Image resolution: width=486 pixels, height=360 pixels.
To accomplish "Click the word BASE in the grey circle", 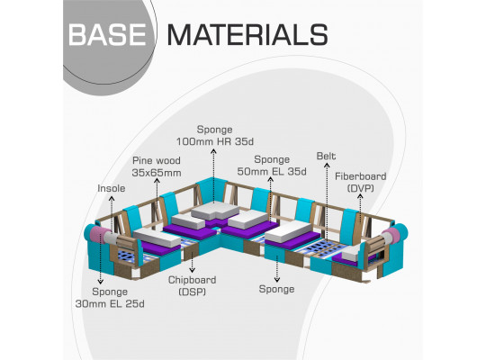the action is (107, 35).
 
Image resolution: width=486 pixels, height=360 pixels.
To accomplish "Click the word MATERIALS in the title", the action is (247, 35).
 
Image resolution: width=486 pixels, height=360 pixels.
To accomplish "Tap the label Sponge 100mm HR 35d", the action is (215, 136).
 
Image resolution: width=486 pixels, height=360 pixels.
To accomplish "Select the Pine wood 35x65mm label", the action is (157, 166).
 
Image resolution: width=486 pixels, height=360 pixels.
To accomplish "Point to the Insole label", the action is (112, 188).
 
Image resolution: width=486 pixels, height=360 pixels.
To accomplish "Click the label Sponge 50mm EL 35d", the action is (272, 166).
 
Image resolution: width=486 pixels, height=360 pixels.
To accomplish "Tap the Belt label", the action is (326, 156).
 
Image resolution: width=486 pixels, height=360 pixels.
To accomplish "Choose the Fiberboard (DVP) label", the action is (361, 182).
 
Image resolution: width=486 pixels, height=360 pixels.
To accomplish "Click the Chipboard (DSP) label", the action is (193, 285).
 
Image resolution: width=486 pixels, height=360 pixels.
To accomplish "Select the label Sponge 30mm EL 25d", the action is (110, 298).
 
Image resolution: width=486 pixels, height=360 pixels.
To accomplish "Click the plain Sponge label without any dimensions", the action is (277, 289).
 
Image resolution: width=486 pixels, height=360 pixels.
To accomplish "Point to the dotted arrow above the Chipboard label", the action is (193, 262).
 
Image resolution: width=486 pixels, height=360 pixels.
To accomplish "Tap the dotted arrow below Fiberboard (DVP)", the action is (360, 209).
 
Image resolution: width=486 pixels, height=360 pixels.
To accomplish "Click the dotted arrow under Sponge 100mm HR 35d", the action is (213, 175).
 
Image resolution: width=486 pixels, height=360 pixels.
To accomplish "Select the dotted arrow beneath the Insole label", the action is (112, 213).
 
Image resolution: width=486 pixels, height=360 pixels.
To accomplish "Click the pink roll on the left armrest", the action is (99, 235).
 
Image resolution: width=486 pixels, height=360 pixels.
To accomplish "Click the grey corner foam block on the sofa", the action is (215, 211).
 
